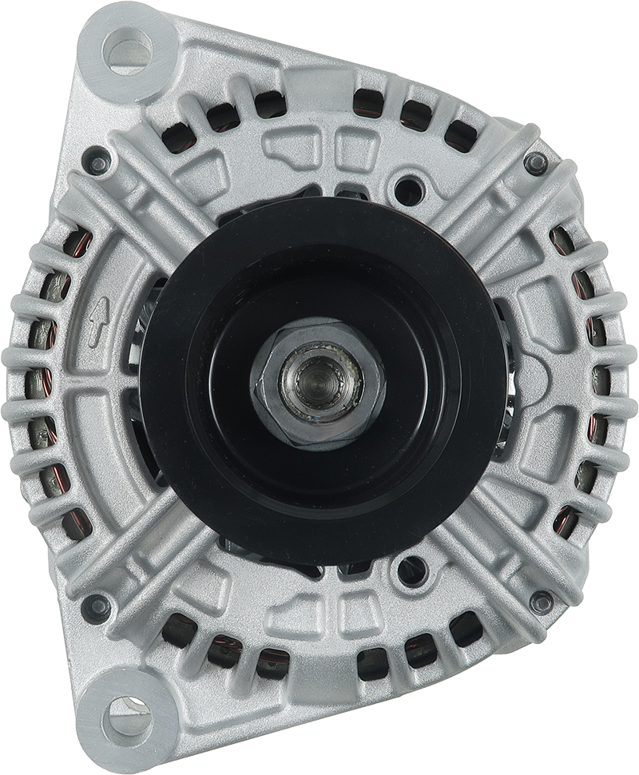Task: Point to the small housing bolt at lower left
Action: click(x=99, y=604)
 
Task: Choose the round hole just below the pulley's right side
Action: click(x=409, y=569)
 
